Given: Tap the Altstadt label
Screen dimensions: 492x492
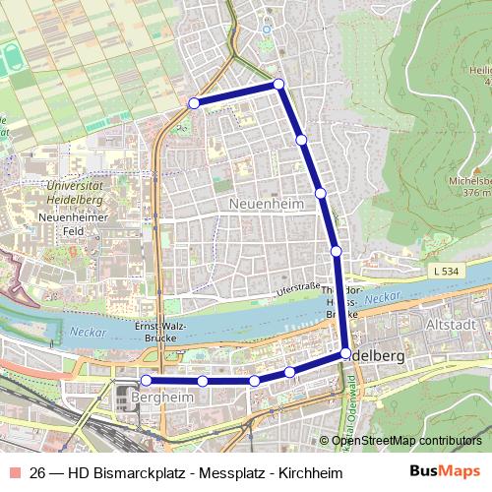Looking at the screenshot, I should point(454,324).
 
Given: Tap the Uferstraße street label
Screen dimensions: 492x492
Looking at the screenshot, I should point(299,288).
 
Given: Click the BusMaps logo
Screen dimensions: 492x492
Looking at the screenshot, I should point(446,471).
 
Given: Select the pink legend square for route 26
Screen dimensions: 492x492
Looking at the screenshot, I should point(16,471).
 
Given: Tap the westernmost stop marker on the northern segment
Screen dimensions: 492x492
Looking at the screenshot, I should point(194,102).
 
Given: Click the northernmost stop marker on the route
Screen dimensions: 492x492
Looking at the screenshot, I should point(278,84).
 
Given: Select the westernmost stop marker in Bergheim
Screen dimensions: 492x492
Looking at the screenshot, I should point(146,380).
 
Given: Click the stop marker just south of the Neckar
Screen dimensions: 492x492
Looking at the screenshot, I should point(345,353).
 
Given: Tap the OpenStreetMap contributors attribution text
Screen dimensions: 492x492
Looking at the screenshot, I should point(405,441).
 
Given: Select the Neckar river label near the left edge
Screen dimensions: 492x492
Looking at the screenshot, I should point(87,333).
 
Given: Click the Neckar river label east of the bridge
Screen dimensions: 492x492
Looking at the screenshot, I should point(384,296).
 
